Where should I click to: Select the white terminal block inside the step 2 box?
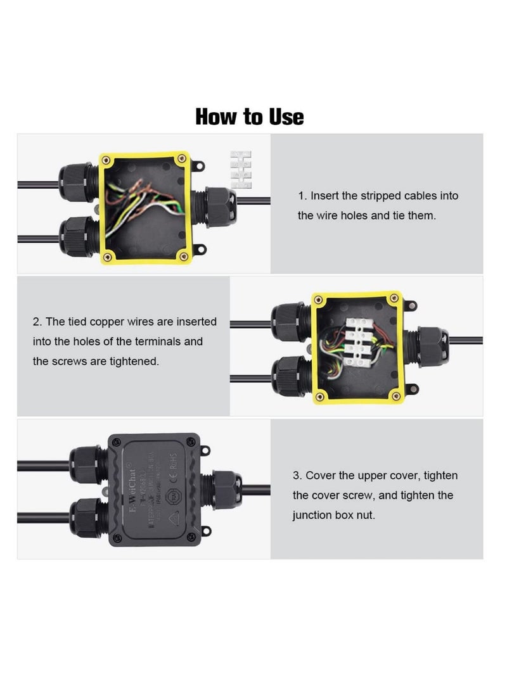(357, 343)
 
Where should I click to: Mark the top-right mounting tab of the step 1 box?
(198, 165)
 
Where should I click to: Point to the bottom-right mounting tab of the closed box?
(204, 531)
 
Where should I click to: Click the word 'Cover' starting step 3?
(324, 476)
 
